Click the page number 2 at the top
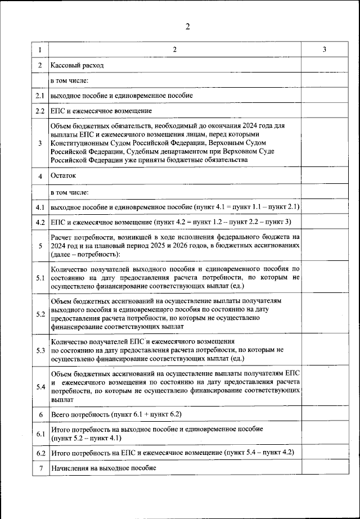188,26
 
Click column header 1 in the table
40,50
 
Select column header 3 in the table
325,50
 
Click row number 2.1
40,96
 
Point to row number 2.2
40,111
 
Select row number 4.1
40,207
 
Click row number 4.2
40,222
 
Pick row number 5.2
40,313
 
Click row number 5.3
40,350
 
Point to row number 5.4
40,386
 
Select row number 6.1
40,434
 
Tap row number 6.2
40,453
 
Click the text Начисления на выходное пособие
103,468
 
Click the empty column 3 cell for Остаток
325,176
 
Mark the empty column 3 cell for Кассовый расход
325,65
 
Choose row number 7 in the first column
40,468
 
